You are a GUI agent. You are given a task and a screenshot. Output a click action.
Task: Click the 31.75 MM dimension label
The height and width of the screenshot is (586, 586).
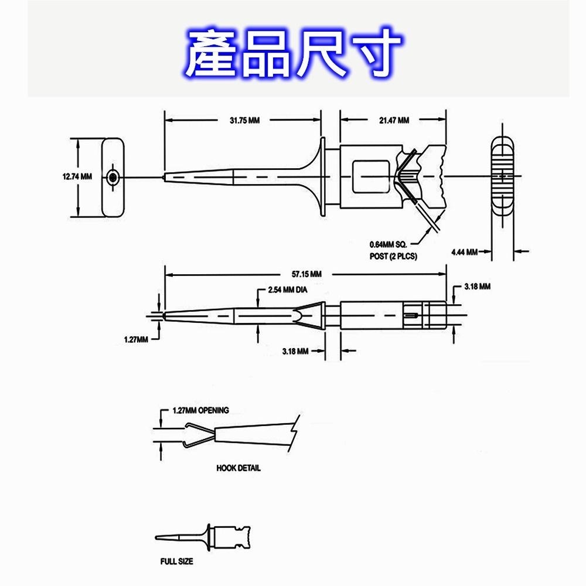(x=244, y=120)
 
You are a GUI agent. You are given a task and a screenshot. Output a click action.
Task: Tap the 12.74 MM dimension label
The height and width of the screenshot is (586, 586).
(x=77, y=176)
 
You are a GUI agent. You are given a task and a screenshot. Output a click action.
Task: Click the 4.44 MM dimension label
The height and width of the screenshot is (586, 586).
(x=464, y=252)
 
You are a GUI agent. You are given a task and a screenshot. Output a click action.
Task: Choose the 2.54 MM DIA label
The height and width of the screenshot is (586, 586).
(x=288, y=290)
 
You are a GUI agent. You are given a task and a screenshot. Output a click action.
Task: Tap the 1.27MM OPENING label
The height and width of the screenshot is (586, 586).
(x=201, y=410)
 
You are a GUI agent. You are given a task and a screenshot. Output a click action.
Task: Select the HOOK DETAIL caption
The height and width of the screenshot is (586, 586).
(x=239, y=468)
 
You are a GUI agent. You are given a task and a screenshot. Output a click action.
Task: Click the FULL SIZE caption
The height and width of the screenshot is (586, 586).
(x=176, y=561)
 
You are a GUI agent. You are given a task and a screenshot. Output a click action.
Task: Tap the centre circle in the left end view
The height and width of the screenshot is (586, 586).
(x=113, y=176)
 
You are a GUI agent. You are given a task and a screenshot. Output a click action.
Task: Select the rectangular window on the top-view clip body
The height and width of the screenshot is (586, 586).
(x=371, y=176)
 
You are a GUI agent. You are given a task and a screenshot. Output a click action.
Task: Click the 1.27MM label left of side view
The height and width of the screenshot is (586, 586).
(x=136, y=339)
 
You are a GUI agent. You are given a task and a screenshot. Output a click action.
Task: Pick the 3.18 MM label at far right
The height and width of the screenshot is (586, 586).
(x=476, y=287)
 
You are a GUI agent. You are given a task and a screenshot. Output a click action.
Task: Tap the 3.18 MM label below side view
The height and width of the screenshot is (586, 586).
(x=295, y=351)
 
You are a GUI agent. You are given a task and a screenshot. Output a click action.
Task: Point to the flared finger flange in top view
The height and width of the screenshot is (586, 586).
(x=322, y=176)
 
